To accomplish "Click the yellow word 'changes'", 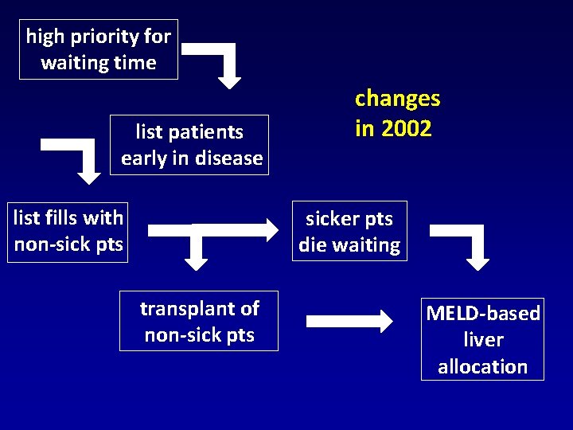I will point(397,99).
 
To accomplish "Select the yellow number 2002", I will point(406,128).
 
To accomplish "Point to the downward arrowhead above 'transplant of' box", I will point(196,260).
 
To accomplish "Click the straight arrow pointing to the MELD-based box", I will point(349,322).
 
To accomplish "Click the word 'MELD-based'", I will point(483,313).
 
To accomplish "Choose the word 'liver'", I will point(483,340).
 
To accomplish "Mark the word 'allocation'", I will point(483,366).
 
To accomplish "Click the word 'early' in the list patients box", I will point(142,158).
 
